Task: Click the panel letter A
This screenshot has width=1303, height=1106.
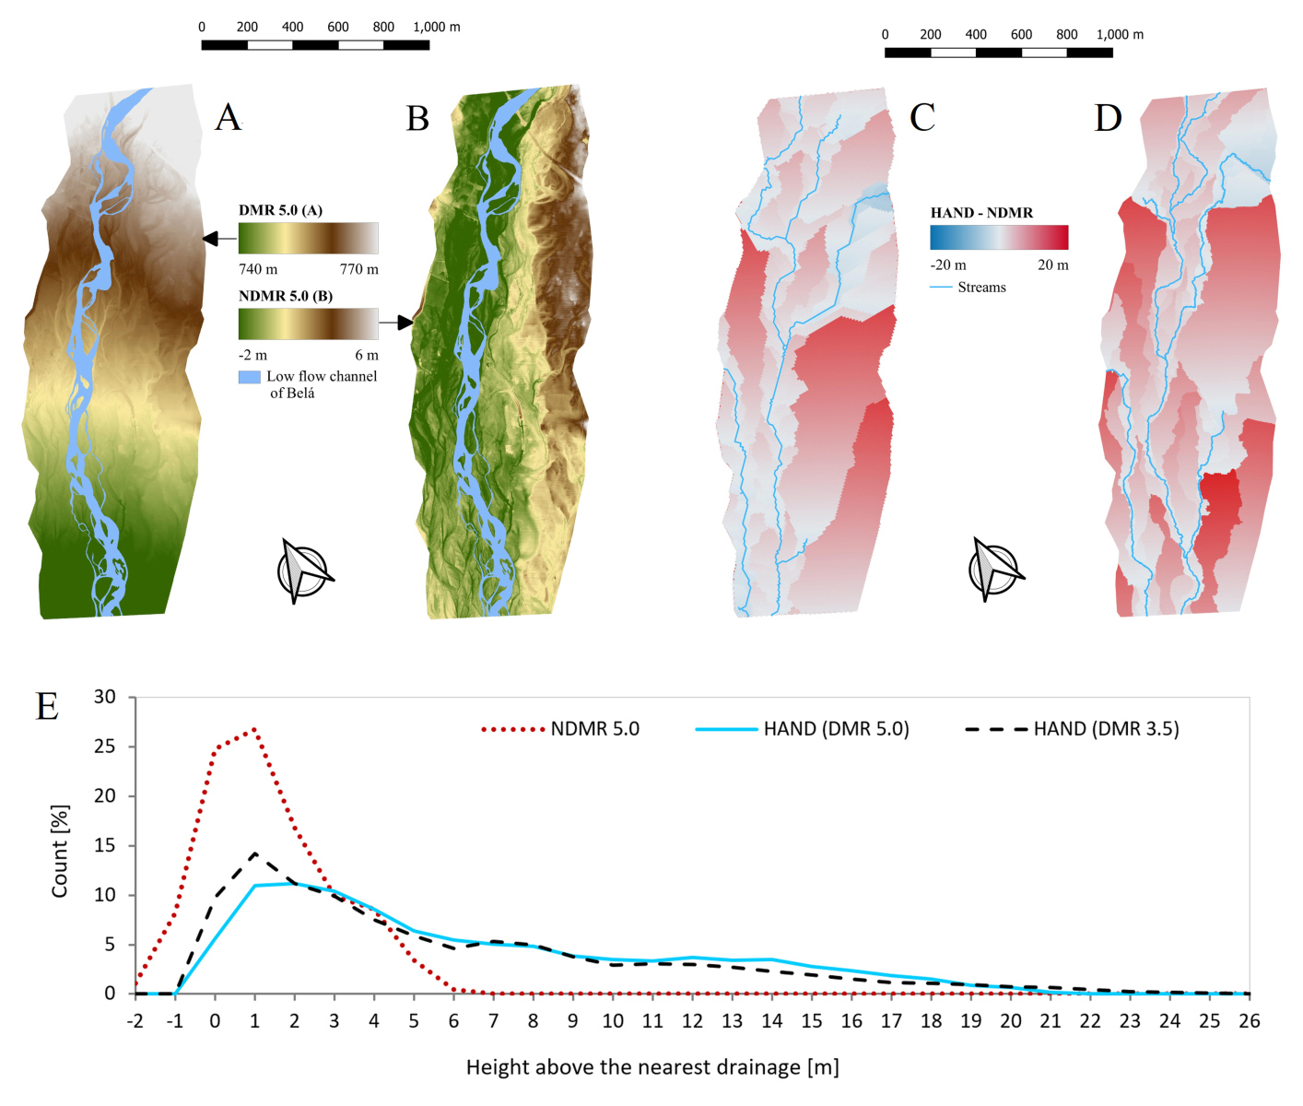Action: click(x=228, y=118)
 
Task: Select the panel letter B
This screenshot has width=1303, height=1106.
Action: click(x=417, y=118)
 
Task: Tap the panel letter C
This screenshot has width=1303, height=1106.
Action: click(x=921, y=118)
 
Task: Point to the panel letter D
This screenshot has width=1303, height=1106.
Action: click(x=1108, y=118)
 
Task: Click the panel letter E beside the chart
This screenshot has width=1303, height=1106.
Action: click(x=47, y=707)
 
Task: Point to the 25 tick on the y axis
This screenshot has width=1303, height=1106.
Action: click(x=105, y=747)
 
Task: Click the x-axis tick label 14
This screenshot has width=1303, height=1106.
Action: click(x=771, y=1021)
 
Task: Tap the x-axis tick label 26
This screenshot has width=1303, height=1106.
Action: click(x=1249, y=1021)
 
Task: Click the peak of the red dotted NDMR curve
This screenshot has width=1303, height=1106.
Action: click(x=254, y=729)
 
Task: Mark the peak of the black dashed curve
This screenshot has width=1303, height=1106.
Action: click(x=254, y=853)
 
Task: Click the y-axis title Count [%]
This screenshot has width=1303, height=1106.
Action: click(x=60, y=851)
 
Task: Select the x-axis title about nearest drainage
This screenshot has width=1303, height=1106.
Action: click(x=651, y=1067)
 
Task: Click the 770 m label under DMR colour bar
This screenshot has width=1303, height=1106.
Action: click(x=358, y=269)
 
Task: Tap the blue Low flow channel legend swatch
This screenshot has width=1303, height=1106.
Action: click(x=249, y=377)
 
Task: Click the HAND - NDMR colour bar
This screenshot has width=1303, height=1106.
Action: click(x=999, y=238)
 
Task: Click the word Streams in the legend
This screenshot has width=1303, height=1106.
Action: click(x=981, y=288)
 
